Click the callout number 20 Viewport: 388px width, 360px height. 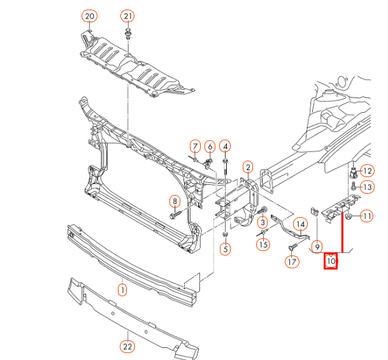(89, 15)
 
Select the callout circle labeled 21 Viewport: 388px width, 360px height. (128, 15)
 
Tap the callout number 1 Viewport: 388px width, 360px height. (122, 290)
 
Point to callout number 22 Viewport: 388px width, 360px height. (127, 347)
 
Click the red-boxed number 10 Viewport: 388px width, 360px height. (331, 261)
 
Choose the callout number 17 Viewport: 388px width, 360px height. (291, 261)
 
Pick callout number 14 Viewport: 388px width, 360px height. (299, 224)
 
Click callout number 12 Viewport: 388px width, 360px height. (367, 170)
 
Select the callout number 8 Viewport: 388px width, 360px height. (175, 202)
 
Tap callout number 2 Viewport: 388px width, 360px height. (248, 167)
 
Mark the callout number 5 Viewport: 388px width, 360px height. (225, 249)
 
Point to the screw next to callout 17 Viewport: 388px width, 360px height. (294, 245)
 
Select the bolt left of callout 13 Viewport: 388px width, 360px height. (352, 186)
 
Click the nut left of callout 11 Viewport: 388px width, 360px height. (350, 217)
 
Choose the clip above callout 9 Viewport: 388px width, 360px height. (314, 211)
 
